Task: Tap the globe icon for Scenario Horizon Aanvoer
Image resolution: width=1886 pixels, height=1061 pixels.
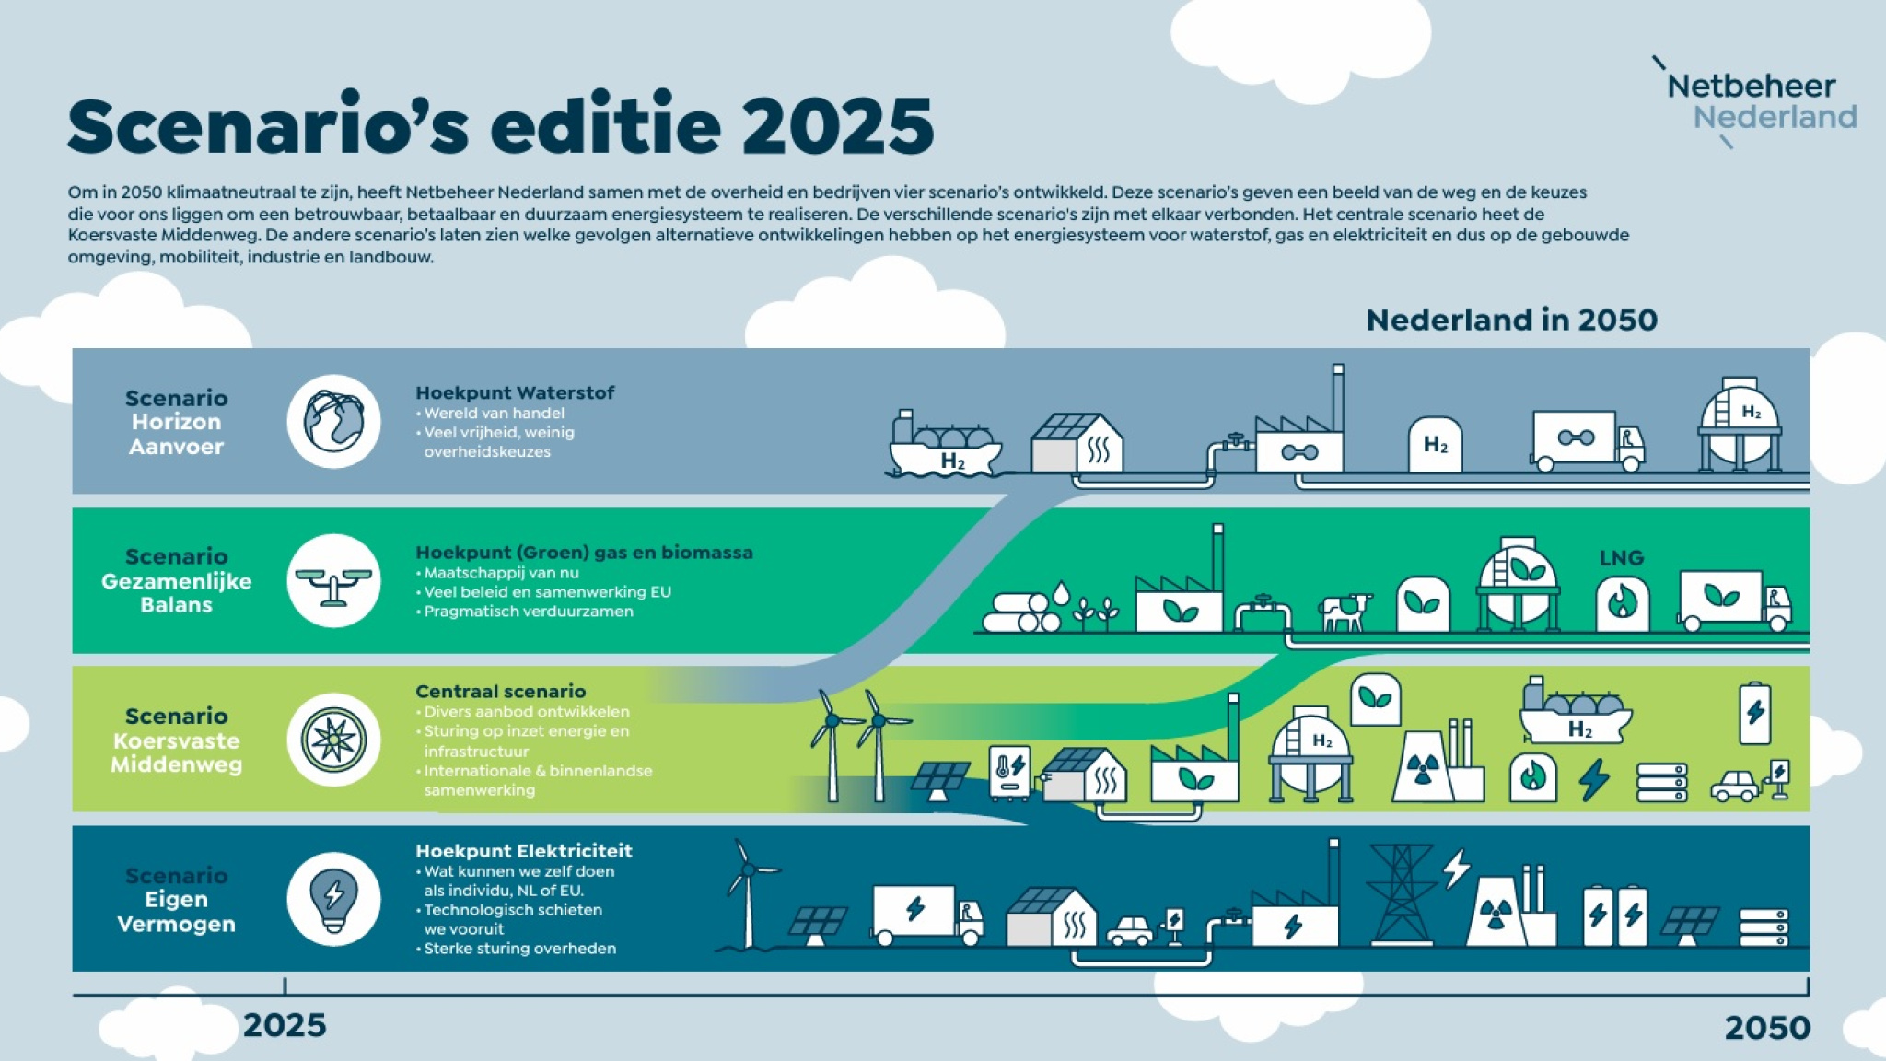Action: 333,421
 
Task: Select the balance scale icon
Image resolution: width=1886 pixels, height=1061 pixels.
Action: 333,581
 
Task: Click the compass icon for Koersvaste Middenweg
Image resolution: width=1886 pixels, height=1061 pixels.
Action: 333,740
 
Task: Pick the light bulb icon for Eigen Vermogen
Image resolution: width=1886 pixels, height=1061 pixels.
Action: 333,899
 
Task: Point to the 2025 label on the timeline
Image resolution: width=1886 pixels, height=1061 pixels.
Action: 285,1025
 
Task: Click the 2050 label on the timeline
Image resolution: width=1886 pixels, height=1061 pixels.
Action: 1767,1027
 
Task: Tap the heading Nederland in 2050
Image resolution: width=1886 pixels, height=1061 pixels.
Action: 1511,320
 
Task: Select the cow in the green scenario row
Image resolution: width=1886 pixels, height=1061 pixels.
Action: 1345,612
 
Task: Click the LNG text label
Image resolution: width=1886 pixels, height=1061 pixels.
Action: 1621,558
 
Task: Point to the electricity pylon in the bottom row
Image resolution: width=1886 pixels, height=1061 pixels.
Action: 1401,895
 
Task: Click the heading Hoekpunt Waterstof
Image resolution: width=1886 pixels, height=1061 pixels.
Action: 515,393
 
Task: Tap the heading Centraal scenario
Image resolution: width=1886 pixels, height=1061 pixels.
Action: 500,692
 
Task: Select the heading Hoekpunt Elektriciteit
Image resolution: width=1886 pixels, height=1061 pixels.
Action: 523,851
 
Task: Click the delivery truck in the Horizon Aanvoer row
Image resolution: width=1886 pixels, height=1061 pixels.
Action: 1588,441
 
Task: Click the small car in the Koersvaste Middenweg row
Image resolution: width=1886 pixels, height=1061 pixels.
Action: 1735,786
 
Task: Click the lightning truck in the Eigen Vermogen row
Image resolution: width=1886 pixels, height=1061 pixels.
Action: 927,915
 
